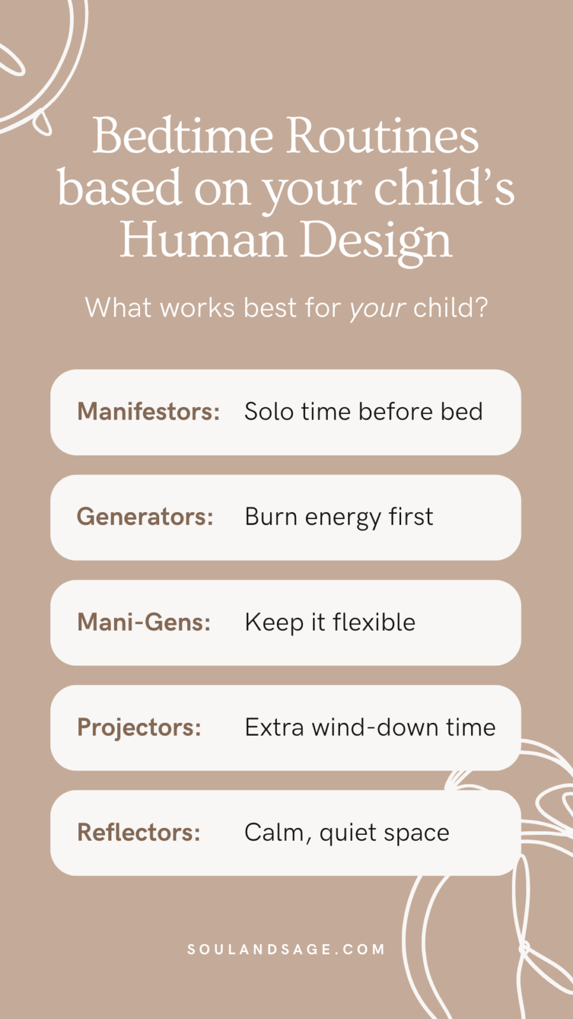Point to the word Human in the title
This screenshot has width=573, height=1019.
pyautogui.click(x=203, y=240)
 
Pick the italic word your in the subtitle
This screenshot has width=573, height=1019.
pyautogui.click(x=377, y=308)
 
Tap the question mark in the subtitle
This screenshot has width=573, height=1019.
pyautogui.click(x=481, y=308)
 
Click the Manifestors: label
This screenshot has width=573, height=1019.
pyautogui.click(x=148, y=411)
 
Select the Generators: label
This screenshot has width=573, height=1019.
pyautogui.click(x=145, y=517)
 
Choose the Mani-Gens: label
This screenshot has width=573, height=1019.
pyautogui.click(x=144, y=622)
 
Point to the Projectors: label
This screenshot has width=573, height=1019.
pyautogui.click(x=139, y=727)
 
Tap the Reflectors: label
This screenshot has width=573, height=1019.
pyautogui.click(x=139, y=832)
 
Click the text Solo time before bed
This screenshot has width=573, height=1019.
pyautogui.click(x=364, y=411)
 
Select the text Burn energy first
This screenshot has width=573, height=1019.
pyautogui.click(x=339, y=517)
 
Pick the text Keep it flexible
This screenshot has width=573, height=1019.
pyautogui.click(x=330, y=622)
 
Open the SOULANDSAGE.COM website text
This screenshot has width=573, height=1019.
pyautogui.click(x=286, y=950)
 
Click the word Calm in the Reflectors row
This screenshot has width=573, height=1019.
pyautogui.click(x=275, y=832)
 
